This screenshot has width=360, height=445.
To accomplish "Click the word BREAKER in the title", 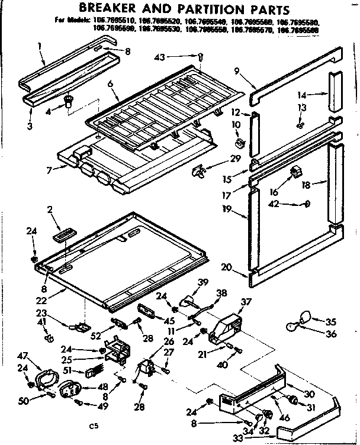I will (x=111, y=10).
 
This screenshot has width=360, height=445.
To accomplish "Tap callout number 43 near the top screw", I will (x=176, y=57).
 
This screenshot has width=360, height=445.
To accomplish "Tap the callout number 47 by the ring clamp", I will (x=22, y=356).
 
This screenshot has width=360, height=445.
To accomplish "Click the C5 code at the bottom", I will (x=92, y=425).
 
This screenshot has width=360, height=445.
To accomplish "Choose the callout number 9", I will (x=237, y=72).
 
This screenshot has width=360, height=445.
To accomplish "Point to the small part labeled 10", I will (x=239, y=143).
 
